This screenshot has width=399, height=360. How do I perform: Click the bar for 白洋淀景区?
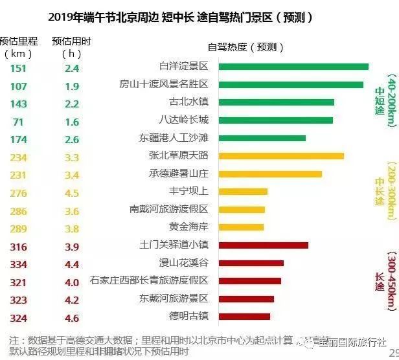point(293,66)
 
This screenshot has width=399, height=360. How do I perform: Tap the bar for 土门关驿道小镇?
point(263,245)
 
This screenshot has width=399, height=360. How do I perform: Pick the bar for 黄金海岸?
point(241,227)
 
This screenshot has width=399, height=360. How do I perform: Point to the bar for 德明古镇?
point(244,316)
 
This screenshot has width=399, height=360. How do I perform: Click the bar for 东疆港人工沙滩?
point(262,138)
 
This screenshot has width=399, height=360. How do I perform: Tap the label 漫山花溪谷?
point(183,263)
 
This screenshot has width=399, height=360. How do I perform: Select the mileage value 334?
point(18,264)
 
